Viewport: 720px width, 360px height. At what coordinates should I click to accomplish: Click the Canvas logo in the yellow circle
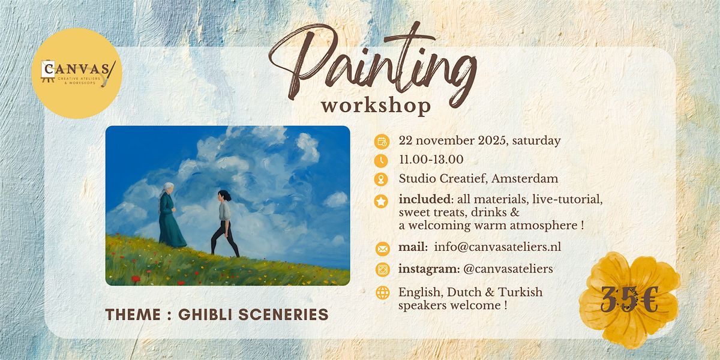pyautogui.click(x=76, y=73)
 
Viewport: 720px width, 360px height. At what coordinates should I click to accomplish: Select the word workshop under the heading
pyautogui.click(x=376, y=106)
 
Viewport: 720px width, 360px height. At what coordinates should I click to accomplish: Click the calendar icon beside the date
pyautogui.click(x=381, y=142)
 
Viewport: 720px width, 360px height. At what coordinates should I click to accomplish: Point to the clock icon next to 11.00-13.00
pyautogui.click(x=381, y=161)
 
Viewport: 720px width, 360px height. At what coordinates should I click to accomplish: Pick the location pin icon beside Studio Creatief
pyautogui.click(x=381, y=179)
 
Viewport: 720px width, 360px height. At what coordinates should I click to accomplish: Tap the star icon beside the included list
pyautogui.click(x=381, y=202)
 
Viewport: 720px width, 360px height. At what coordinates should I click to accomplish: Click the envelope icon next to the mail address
pyautogui.click(x=381, y=248)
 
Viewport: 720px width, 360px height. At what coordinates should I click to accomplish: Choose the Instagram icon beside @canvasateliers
pyautogui.click(x=381, y=270)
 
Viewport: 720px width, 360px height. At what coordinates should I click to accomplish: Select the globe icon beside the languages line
pyautogui.click(x=381, y=293)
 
